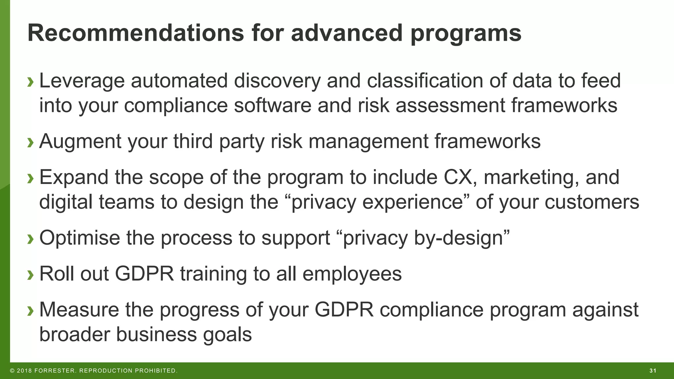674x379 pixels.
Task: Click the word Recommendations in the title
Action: [x=136, y=33]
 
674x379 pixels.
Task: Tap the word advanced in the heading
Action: [x=347, y=33]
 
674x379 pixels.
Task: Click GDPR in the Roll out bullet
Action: [x=144, y=274]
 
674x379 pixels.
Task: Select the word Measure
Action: [x=79, y=310]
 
